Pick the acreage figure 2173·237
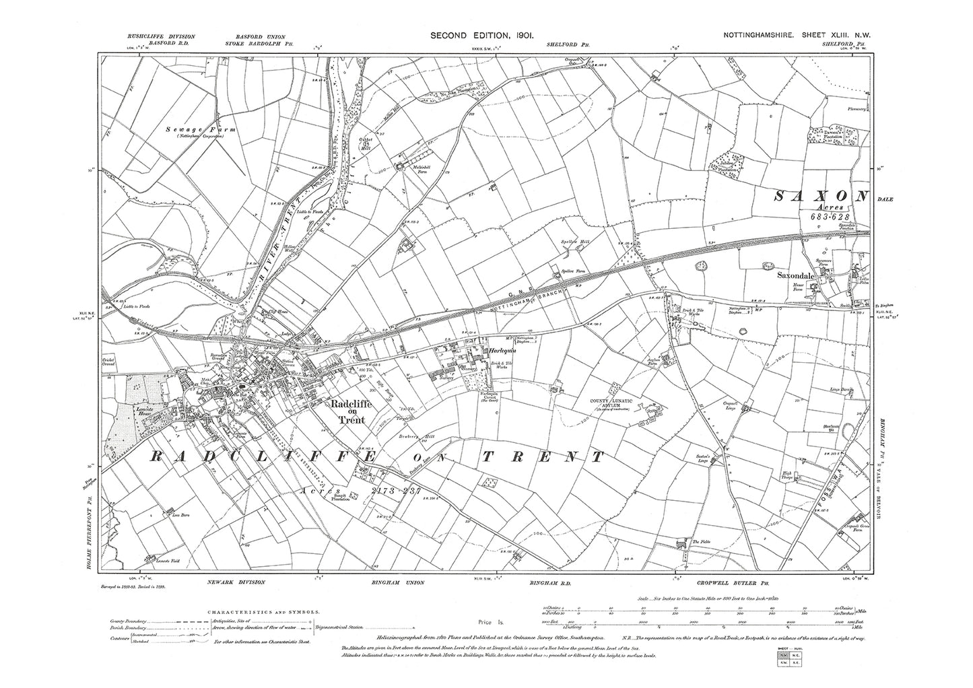point(396,491)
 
